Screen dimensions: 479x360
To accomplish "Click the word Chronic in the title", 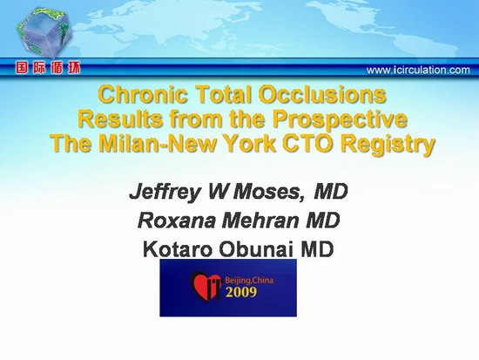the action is point(144,94).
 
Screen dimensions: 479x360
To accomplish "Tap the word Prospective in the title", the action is point(340,120).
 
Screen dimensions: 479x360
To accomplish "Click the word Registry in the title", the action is point(388,145).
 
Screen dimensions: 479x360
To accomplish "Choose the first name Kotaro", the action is point(178,249).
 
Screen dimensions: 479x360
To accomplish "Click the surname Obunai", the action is point(257,249).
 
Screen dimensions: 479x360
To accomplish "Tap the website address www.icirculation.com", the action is point(418,71).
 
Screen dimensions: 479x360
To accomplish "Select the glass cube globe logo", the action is point(44,33).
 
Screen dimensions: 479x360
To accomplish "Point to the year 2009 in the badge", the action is point(241,292).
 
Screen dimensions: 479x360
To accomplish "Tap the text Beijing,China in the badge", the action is point(249,280).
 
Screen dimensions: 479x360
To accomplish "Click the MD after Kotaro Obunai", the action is point(317,249).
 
